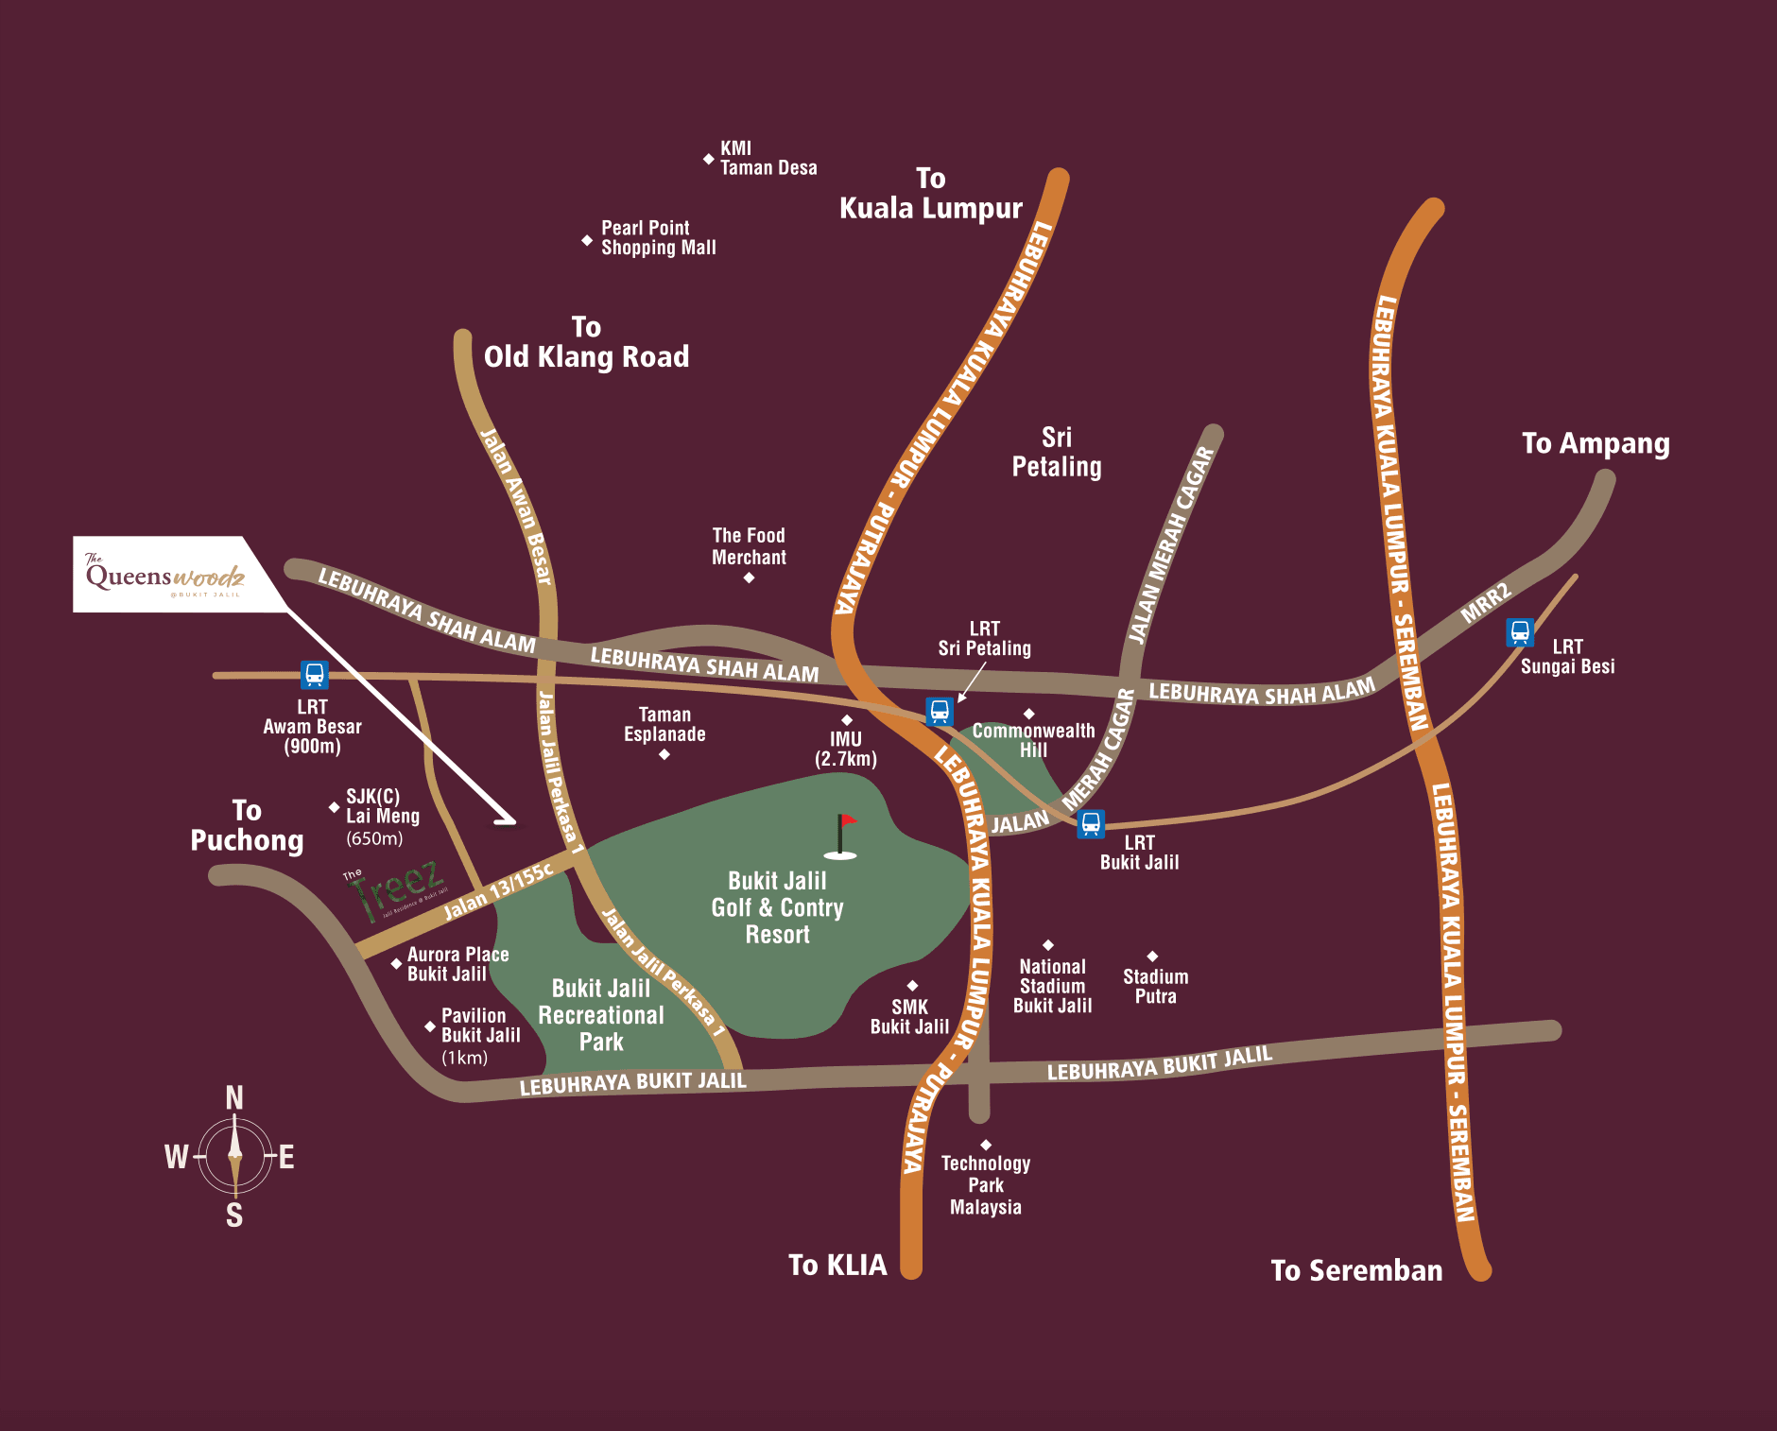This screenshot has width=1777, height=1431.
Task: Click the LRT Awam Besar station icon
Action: click(x=314, y=675)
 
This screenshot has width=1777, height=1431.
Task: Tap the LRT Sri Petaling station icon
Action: click(x=939, y=711)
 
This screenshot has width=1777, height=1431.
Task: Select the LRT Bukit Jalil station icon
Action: click(x=1091, y=823)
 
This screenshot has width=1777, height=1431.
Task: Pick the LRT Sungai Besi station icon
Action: click(x=1519, y=631)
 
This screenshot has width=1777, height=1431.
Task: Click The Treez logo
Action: click(x=395, y=890)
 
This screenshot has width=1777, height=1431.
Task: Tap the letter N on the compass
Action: click(x=234, y=1097)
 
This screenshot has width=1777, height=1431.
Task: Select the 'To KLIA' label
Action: click(x=837, y=1265)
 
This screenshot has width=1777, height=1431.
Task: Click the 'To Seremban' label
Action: click(x=1355, y=1270)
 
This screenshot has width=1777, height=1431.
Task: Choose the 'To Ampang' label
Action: click(x=1596, y=443)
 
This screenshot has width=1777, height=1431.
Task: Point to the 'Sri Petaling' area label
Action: click(x=1057, y=452)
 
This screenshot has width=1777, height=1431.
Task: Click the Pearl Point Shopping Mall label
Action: click(x=658, y=237)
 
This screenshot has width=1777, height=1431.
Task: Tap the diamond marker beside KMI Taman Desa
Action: click(x=708, y=159)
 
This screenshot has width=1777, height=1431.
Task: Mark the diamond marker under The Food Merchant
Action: click(x=749, y=578)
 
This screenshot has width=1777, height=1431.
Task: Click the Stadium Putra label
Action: click(x=1155, y=986)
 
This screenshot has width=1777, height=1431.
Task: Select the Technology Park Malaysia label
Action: click(x=985, y=1185)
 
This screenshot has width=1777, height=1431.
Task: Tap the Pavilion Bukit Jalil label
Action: click(x=480, y=1026)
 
